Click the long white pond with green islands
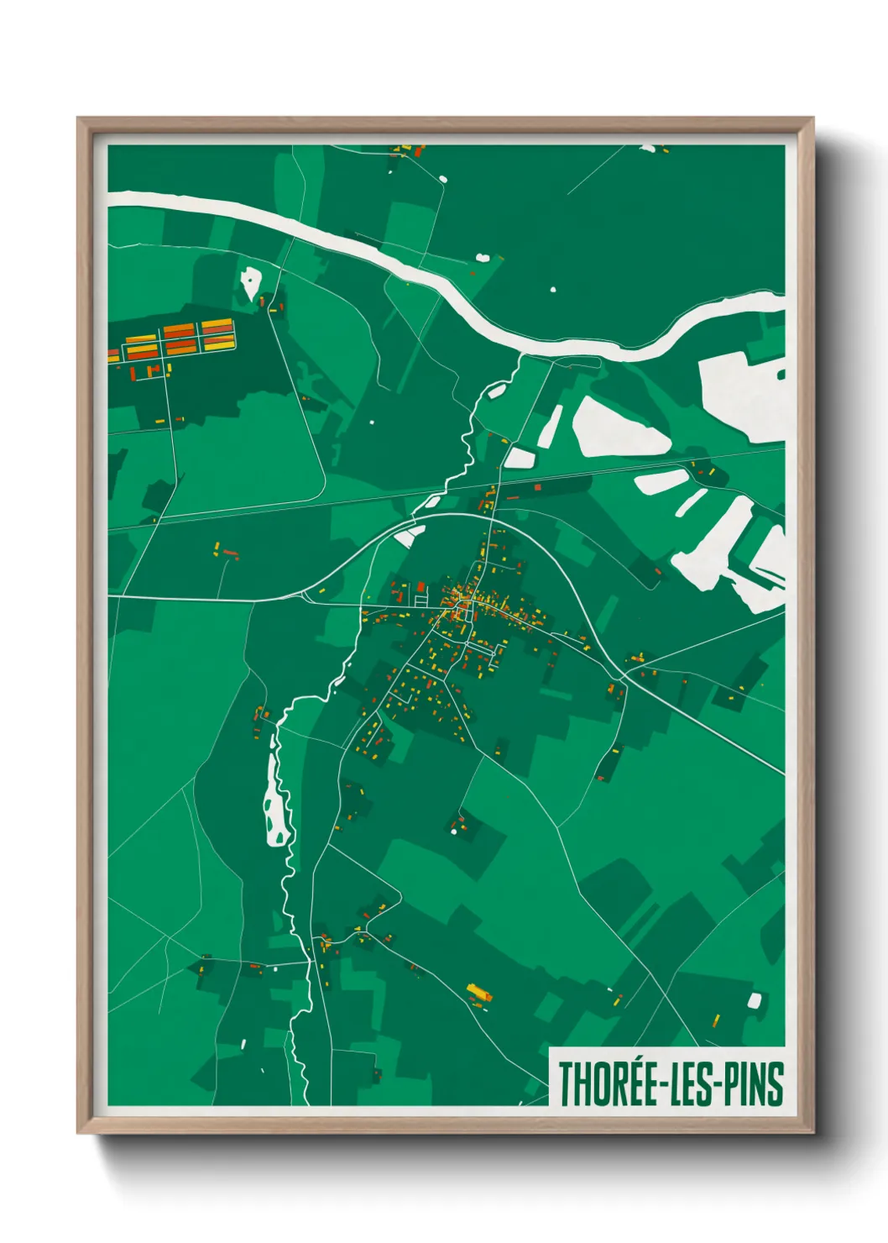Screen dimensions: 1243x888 pos(275,801)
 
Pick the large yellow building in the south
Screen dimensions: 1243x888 pos(478,994)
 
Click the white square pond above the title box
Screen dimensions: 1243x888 pos(754,1000)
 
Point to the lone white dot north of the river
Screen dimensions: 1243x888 pos(552,290)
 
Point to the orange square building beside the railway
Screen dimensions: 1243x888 pos(537,485)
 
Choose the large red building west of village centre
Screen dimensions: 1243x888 pos(420,586)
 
